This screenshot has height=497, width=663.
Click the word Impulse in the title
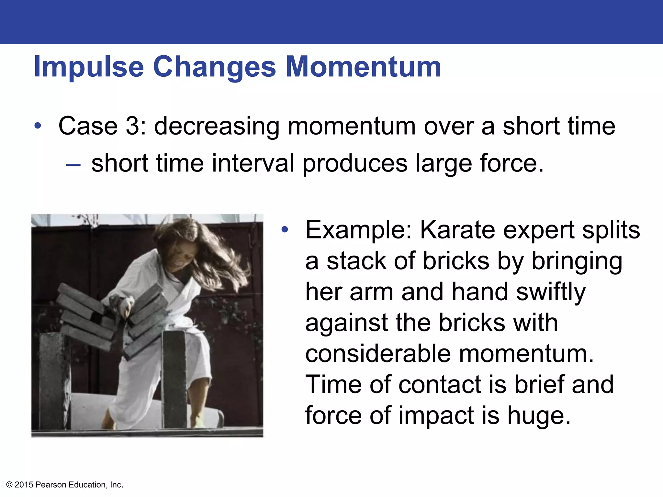point(89,67)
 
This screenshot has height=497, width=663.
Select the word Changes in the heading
point(214,67)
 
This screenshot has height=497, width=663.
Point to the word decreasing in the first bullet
point(217,127)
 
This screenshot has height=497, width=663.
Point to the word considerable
point(378,354)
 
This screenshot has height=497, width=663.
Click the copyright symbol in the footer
point(9,485)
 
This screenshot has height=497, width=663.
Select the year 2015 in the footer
point(24,485)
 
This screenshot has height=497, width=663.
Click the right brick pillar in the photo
point(175,379)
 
